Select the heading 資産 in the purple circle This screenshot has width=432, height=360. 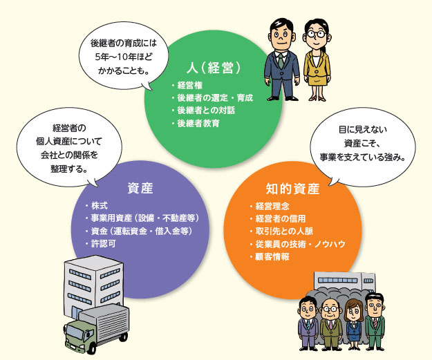(140, 188)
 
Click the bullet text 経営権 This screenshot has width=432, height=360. (189, 85)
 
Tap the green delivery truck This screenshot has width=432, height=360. (97, 325)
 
